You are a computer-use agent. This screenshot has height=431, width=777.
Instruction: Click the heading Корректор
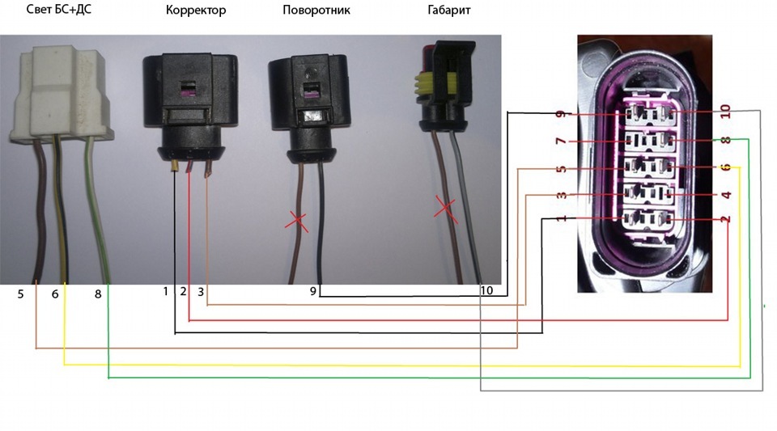(195, 11)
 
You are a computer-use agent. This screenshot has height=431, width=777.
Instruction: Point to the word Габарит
(448, 11)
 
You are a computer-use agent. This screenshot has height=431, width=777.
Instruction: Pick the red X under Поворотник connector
(299, 220)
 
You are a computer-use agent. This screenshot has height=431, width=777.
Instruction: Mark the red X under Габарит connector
(444, 208)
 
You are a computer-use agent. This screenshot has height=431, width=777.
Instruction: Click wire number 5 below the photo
(21, 294)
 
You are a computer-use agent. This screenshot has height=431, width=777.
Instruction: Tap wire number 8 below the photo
(98, 294)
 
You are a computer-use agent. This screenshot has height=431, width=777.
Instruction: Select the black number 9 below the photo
(312, 292)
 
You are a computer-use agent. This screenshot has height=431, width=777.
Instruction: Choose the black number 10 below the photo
(486, 291)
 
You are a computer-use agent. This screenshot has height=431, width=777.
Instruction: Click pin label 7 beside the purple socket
(560, 142)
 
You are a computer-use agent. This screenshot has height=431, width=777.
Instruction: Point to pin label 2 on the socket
(726, 218)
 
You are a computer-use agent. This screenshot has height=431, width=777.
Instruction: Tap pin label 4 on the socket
(726, 195)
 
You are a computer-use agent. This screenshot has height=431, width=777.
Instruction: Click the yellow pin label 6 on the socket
(726, 167)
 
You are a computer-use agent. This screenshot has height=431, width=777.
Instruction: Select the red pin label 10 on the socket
(725, 110)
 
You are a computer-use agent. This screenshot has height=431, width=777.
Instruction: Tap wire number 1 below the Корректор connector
(166, 291)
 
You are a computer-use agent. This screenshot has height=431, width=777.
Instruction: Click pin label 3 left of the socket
(560, 196)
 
